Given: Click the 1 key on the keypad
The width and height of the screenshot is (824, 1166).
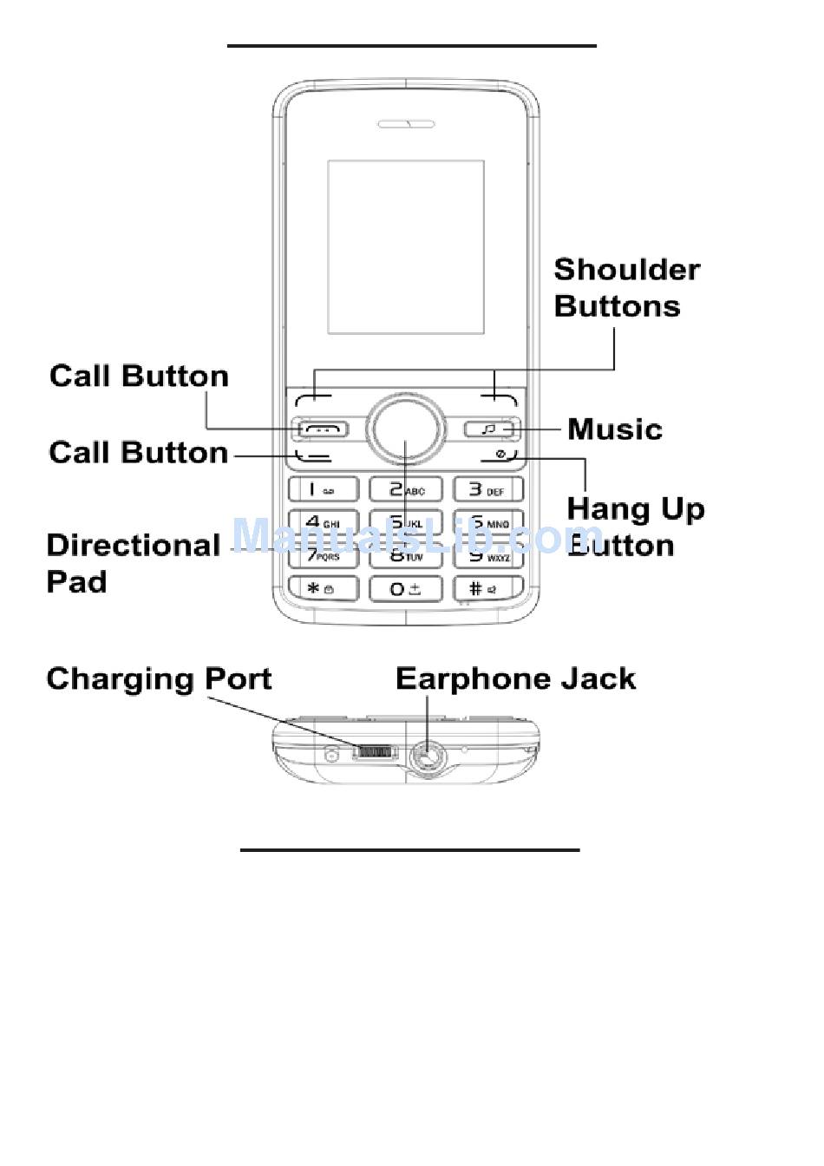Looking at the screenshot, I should [x=322, y=489].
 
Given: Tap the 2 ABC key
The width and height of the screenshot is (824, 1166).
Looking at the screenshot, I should [x=406, y=489].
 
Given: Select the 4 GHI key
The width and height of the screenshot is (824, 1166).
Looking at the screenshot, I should [x=322, y=522].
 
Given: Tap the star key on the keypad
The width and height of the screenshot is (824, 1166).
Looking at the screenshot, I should [x=322, y=588].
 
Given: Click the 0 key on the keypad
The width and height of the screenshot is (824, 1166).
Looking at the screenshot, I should [x=406, y=588].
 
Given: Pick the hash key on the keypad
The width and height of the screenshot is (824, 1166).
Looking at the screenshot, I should [x=488, y=588].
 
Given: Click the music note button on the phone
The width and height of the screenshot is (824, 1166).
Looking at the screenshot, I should [x=489, y=429].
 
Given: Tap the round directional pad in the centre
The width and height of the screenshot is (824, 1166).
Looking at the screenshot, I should [x=406, y=429].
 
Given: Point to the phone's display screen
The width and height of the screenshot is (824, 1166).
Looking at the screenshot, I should [x=406, y=246].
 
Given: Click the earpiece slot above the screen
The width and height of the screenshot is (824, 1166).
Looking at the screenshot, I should [x=406, y=124].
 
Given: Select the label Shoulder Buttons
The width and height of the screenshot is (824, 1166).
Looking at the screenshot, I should [x=626, y=288].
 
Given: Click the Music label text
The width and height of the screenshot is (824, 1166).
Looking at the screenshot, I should [x=615, y=429].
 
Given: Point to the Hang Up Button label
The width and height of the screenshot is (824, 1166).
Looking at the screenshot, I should [x=634, y=527].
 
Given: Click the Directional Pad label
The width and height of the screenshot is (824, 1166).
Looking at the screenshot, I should [x=133, y=563].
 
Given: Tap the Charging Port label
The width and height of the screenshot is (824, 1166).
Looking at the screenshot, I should [x=159, y=678].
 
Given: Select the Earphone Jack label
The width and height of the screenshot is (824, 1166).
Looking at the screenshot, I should [x=515, y=678].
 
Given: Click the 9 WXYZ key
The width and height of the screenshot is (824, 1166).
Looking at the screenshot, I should [x=488, y=555].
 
